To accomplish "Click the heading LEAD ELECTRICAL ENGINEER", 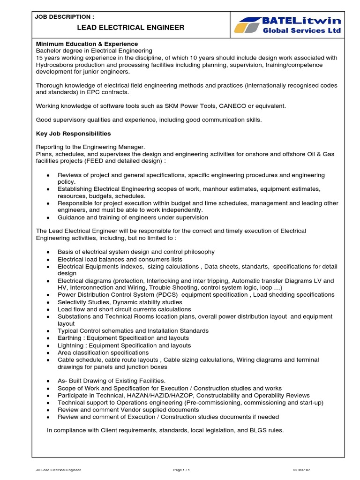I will [110, 28].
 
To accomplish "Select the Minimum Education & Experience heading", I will [87, 44].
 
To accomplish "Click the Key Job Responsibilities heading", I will [74, 134].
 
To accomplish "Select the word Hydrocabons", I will [55, 65].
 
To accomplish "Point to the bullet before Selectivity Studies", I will [49, 303].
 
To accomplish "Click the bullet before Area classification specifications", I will [49, 353].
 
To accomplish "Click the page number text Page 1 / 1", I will [181, 469].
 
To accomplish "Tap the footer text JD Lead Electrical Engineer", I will [58, 469].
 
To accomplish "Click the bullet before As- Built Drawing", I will [49, 381].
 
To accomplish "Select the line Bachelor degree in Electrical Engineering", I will [94, 51].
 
